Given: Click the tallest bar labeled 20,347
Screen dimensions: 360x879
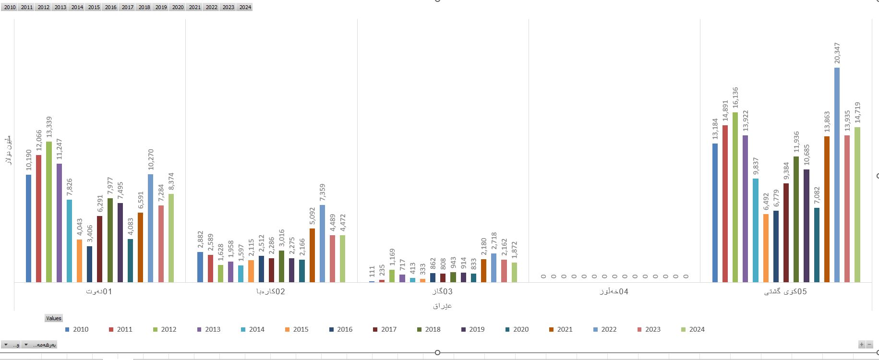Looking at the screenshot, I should pyautogui.click(x=837, y=175).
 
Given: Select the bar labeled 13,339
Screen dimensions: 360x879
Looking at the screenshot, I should pyautogui.click(x=48, y=212).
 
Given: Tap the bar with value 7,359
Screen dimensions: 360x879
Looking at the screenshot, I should pyautogui.click(x=322, y=243).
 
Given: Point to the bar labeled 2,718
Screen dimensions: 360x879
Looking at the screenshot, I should pyautogui.click(x=494, y=267).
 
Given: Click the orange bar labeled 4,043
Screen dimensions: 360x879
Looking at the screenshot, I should pyautogui.click(x=79, y=261).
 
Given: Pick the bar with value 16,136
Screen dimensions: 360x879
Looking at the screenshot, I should pyautogui.click(x=735, y=197).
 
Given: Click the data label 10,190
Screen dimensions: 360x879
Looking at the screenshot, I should pyautogui.click(x=29, y=160).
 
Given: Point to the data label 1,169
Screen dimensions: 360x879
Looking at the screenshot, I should pyautogui.click(x=392, y=258).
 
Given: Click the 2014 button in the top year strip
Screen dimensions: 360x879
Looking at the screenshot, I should pyautogui.click(x=77, y=7).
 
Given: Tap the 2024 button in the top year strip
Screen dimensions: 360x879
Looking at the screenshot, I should pyautogui.click(x=245, y=7).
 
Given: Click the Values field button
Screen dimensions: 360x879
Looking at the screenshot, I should pyautogui.click(x=54, y=318).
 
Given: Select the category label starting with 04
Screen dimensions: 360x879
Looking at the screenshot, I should pyautogui.click(x=614, y=291).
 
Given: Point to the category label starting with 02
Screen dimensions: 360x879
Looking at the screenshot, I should pyautogui.click(x=271, y=291).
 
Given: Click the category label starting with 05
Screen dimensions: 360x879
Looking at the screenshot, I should pyautogui.click(x=785, y=291).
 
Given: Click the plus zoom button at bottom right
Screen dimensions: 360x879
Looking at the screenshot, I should pyautogui.click(x=862, y=345).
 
